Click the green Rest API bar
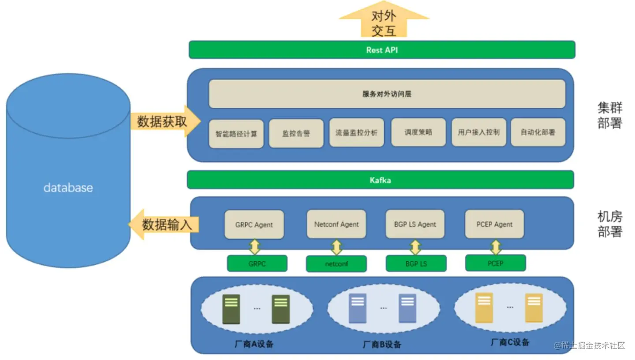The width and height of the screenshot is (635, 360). [x=382, y=50]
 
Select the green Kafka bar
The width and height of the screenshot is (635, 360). [x=380, y=180]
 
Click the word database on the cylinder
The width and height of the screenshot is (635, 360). [x=68, y=188]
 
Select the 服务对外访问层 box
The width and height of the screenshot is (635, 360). [x=387, y=94]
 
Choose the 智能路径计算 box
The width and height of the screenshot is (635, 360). [x=236, y=134]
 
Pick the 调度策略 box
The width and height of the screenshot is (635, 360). [x=418, y=132]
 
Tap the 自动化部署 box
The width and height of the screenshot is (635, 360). [x=538, y=132]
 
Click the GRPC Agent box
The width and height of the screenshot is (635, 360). [x=254, y=225]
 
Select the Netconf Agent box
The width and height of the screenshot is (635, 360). [x=336, y=224]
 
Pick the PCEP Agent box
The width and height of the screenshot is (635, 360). [x=494, y=224]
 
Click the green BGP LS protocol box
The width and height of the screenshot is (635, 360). [x=416, y=264]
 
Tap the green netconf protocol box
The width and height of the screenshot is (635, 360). [x=336, y=264]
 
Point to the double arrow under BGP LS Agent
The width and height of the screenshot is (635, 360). [x=415, y=247]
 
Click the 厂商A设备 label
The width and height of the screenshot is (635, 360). [x=254, y=344]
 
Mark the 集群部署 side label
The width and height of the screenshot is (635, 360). [x=610, y=115]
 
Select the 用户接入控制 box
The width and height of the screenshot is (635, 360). [x=478, y=132]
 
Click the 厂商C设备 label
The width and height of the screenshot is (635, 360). [x=510, y=342]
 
